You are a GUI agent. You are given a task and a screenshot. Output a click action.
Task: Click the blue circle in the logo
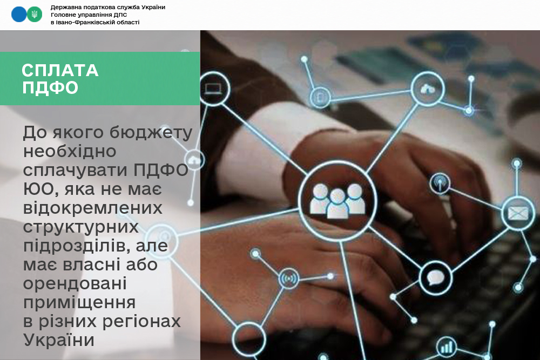coord(19,15)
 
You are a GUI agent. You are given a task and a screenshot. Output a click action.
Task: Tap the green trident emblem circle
coord(35,15)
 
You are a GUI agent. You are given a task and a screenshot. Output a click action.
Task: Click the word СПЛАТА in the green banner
coord(60,70)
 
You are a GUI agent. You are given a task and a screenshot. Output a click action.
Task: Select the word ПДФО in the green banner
coord(50,87)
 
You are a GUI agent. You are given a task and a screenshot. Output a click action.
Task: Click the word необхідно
coord(70,151)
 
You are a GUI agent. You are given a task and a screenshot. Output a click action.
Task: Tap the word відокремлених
coord(93,208)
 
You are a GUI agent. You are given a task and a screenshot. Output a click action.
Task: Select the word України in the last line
coord(58,339)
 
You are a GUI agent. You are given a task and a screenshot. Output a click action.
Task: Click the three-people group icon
coord(337,201)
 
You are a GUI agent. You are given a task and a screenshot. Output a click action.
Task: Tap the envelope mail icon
coord(518,213)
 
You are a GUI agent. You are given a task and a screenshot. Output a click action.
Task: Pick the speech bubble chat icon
coord(436,278)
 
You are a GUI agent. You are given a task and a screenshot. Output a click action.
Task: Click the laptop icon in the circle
coord(213,89)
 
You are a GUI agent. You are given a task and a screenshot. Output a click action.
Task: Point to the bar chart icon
coord(447,347)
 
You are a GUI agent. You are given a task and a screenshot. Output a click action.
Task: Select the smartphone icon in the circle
coord(320,97)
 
